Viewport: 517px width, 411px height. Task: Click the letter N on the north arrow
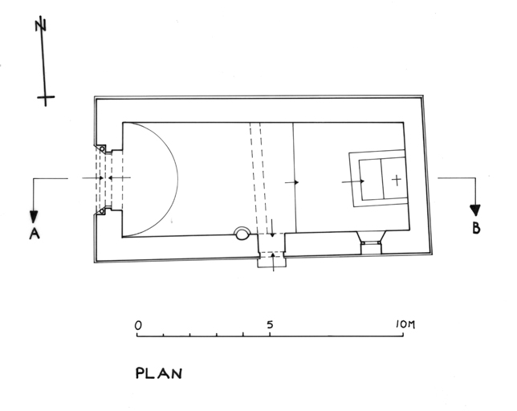[x=41, y=24]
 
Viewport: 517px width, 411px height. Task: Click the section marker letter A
[x=35, y=234]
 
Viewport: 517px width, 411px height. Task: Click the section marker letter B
[x=476, y=228]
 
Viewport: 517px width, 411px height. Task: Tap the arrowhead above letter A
[x=34, y=218]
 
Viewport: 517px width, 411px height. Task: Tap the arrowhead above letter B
[x=475, y=210]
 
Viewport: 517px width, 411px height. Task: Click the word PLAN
[x=159, y=373]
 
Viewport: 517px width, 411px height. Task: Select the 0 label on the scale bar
[x=138, y=326]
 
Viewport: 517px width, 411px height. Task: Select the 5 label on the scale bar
[x=270, y=325]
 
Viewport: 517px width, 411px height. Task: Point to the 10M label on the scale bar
[x=405, y=324]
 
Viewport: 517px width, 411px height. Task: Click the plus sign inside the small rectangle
[x=397, y=180]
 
